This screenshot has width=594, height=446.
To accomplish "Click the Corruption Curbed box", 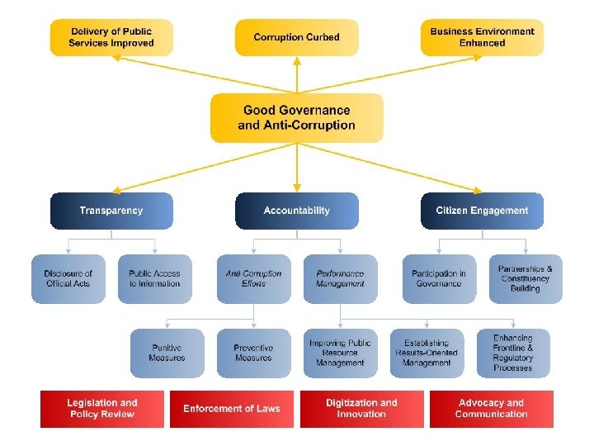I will [x=297, y=37].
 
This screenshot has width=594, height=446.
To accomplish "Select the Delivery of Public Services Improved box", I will [x=111, y=37].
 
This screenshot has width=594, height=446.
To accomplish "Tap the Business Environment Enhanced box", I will [x=482, y=37].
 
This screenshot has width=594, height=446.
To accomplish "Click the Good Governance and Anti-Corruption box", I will [x=297, y=117].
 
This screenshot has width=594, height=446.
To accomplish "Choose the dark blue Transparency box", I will [x=111, y=211].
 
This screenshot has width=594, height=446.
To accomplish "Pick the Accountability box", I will [x=297, y=211].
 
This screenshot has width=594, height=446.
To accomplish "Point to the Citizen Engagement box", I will [x=482, y=211].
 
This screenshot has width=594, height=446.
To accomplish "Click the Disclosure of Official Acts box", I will [x=68, y=278].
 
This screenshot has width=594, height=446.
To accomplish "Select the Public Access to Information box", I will [x=154, y=278].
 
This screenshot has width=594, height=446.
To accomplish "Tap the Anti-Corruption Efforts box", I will [x=253, y=278].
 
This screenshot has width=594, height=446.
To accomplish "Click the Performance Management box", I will [x=340, y=278].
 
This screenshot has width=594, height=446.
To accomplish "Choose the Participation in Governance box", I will [x=439, y=278].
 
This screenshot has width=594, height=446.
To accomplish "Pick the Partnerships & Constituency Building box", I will [x=525, y=278].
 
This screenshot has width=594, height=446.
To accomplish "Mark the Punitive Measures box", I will [x=167, y=353].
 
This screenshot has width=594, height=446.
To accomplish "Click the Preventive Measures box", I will [x=253, y=353].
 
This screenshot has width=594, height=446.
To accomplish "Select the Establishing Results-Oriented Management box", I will [x=427, y=353].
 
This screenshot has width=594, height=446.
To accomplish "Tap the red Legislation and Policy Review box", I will [x=102, y=408].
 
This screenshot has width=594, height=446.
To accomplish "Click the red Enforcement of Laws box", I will [x=232, y=408].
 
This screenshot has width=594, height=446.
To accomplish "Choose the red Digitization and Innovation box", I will [x=361, y=408].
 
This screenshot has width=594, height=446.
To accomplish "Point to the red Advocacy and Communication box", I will [x=491, y=408].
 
